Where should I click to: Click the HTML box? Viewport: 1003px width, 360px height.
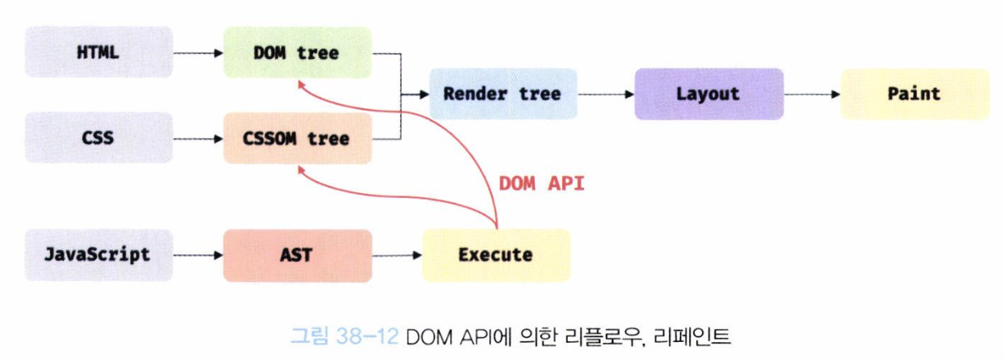coord(98,52)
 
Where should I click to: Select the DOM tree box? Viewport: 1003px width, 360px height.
coord(297,52)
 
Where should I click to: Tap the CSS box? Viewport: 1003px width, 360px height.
coord(98,138)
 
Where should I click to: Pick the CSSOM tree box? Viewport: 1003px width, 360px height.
coord(297,138)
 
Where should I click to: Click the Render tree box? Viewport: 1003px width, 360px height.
coord(502,94)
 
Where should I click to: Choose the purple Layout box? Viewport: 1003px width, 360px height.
coord(708,94)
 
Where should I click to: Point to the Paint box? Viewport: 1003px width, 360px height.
coord(915,94)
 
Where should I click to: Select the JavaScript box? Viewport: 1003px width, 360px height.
coord(98,254)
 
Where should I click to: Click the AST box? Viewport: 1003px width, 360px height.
coord(297,254)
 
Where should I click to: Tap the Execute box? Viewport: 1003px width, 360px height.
coord(496,254)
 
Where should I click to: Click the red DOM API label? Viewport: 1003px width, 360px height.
coord(542,183)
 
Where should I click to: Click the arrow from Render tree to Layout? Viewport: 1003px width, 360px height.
coord(605,94)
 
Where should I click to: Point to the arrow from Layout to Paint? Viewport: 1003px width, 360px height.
coord(812,94)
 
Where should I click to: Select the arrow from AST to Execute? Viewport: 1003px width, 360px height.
coord(396,255)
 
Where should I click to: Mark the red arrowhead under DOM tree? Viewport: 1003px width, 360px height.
coord(300,83)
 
